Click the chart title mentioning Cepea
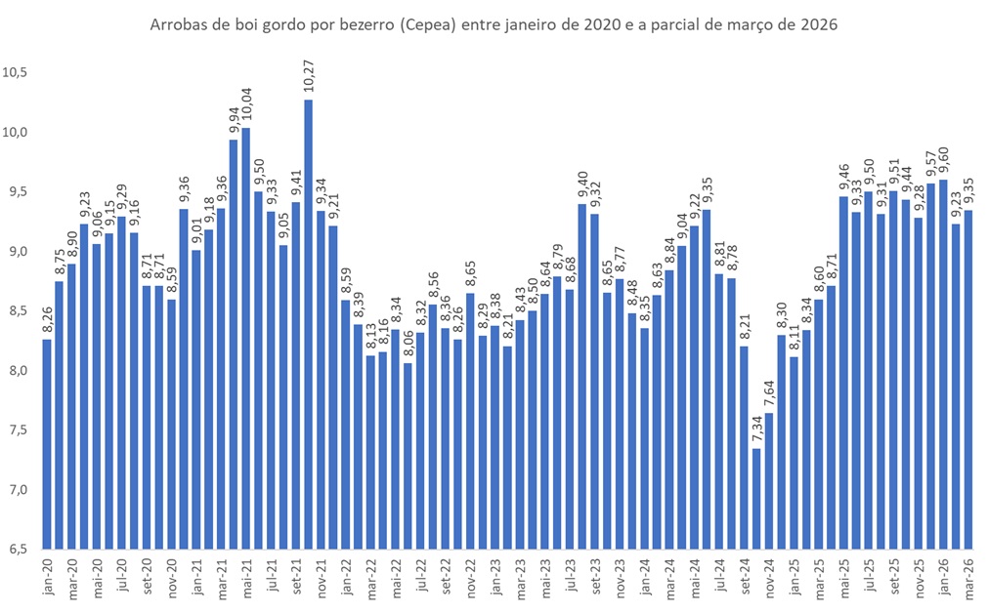(494, 23)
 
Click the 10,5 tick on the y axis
(17, 73)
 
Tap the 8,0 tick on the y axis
(17, 370)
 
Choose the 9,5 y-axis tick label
(17, 192)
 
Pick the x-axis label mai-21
(245, 577)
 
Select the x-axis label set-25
(892, 577)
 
